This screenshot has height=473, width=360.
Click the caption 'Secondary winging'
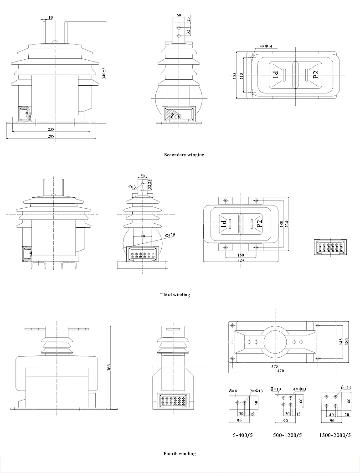click(x=184, y=155)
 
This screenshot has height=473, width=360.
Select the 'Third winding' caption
click(x=175, y=295)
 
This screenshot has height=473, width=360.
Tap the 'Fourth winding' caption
click(x=180, y=454)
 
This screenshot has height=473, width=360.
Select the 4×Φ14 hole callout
click(x=266, y=46)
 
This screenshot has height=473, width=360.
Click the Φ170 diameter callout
click(x=170, y=235)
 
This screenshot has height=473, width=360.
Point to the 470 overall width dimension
click(x=281, y=371)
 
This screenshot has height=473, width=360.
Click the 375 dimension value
click(x=275, y=366)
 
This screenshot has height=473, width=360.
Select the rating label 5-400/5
click(x=242, y=435)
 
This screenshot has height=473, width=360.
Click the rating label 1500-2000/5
click(x=335, y=435)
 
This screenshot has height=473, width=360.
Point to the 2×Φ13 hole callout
click(x=256, y=391)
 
